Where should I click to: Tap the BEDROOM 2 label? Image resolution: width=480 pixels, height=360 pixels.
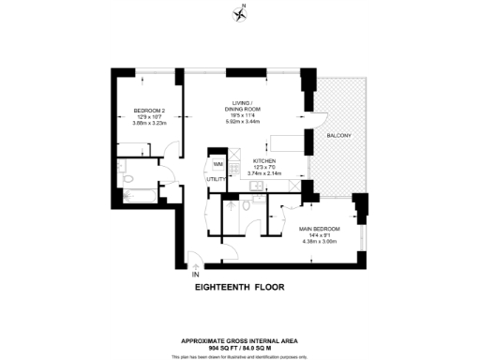(148, 110)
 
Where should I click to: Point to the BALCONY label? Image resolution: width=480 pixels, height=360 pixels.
(339, 137)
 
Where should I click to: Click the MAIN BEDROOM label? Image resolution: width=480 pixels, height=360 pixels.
(320, 229)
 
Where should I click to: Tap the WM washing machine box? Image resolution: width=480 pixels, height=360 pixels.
(217, 162)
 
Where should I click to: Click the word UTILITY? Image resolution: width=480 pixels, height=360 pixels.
(217, 178)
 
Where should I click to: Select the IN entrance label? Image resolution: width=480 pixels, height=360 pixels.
(195, 274)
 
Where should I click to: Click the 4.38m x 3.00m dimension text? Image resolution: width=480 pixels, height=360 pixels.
(320, 241)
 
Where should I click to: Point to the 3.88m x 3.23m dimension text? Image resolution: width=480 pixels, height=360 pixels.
(148, 122)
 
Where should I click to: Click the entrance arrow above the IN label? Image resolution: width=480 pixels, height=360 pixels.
(194, 263)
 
